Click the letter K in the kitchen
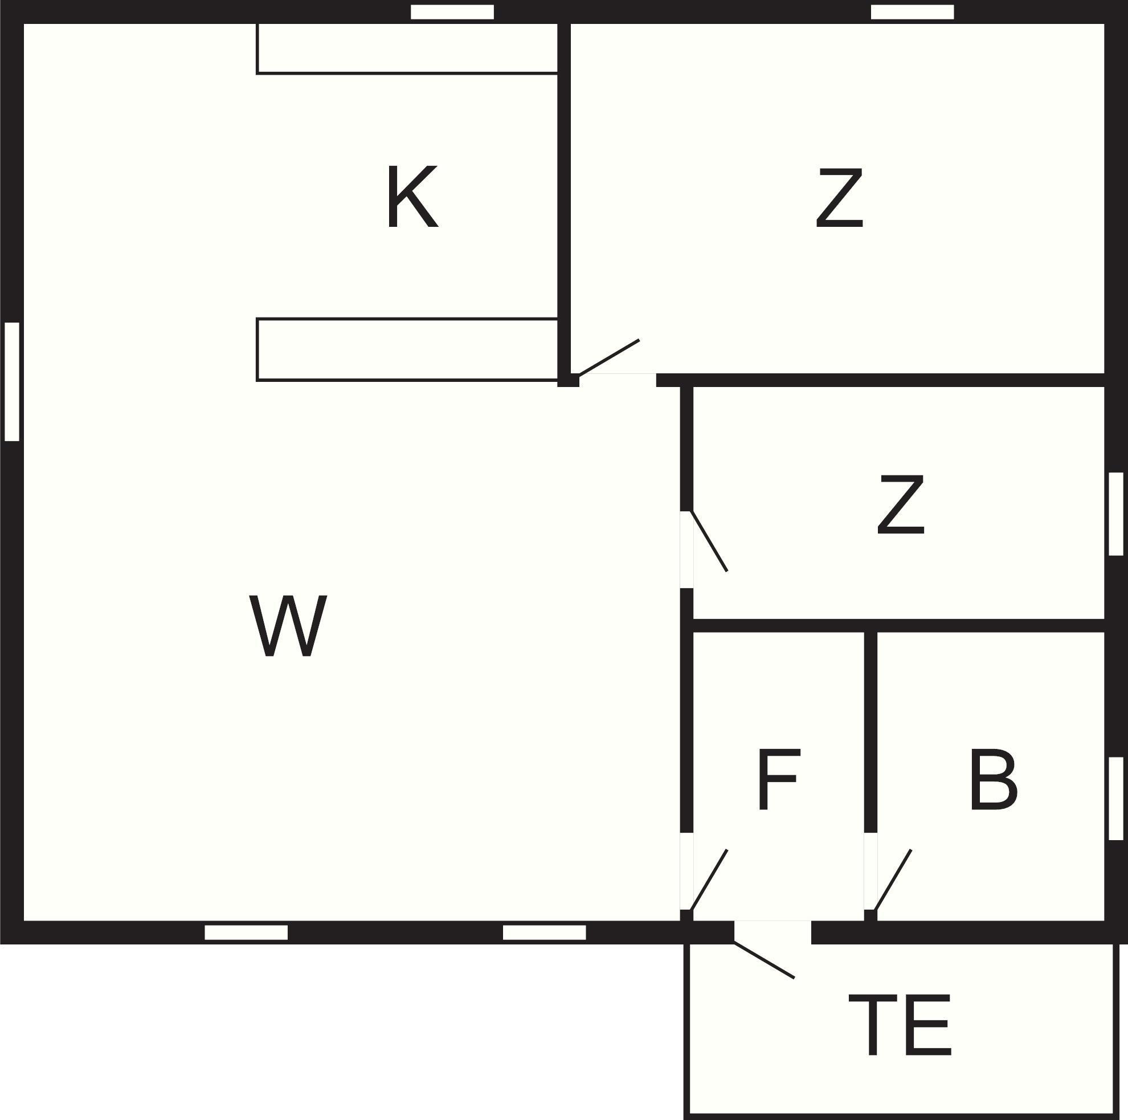pos(413,196)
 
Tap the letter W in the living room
pos(288,626)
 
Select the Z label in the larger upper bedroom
pos(840,197)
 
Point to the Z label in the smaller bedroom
pos(901,504)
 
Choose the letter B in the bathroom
pos(994,779)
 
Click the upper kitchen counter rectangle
pos(407,49)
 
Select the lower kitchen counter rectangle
pos(407,349)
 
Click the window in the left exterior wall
pos(11,381)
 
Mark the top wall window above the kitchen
pos(452,12)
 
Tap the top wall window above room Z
pos(912,12)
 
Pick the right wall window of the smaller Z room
pos(1115,514)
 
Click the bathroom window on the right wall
pos(1115,799)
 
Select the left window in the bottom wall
pos(246,932)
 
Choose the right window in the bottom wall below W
pos(544,932)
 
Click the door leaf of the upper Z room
pos(609,357)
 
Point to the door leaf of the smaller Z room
pos(709,541)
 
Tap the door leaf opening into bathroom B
pos(893,880)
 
